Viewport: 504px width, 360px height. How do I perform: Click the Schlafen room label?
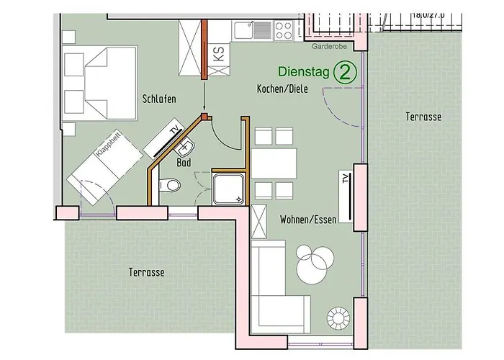point(159,99)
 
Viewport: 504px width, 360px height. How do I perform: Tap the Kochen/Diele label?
point(282,89)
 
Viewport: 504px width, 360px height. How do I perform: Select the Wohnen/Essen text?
point(308,220)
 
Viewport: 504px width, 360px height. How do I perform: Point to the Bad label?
point(184,163)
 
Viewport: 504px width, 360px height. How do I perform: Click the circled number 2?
point(345,73)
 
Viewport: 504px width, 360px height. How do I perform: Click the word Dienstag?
point(304,71)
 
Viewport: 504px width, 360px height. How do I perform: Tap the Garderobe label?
point(329,47)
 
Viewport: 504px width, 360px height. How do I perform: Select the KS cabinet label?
point(219,53)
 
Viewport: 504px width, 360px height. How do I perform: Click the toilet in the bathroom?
point(170,185)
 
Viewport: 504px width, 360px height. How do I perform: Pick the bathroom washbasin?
point(185,148)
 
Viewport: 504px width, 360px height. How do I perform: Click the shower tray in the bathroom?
point(229,189)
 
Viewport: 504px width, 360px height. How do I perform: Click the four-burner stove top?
point(284,30)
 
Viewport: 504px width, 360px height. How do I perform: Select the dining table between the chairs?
point(274,163)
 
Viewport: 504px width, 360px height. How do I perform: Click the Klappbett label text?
point(108,144)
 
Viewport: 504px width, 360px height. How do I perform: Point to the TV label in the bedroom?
point(175,130)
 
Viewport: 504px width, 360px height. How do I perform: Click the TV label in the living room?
point(345,179)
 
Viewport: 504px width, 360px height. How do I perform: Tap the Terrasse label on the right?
point(423,117)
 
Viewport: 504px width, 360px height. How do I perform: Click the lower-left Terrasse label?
point(147,272)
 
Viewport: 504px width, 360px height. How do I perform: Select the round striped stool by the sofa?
point(338,318)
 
